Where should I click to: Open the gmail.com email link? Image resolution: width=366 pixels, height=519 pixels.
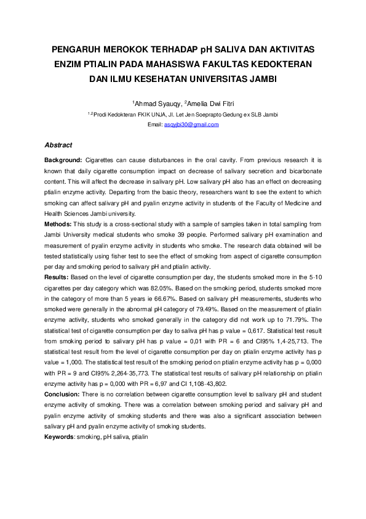pos(191,125)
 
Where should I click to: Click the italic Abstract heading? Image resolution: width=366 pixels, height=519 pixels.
pos(58,145)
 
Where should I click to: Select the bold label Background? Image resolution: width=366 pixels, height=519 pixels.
pos(63,160)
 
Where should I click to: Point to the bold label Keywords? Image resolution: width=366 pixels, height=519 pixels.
pos(59,436)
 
